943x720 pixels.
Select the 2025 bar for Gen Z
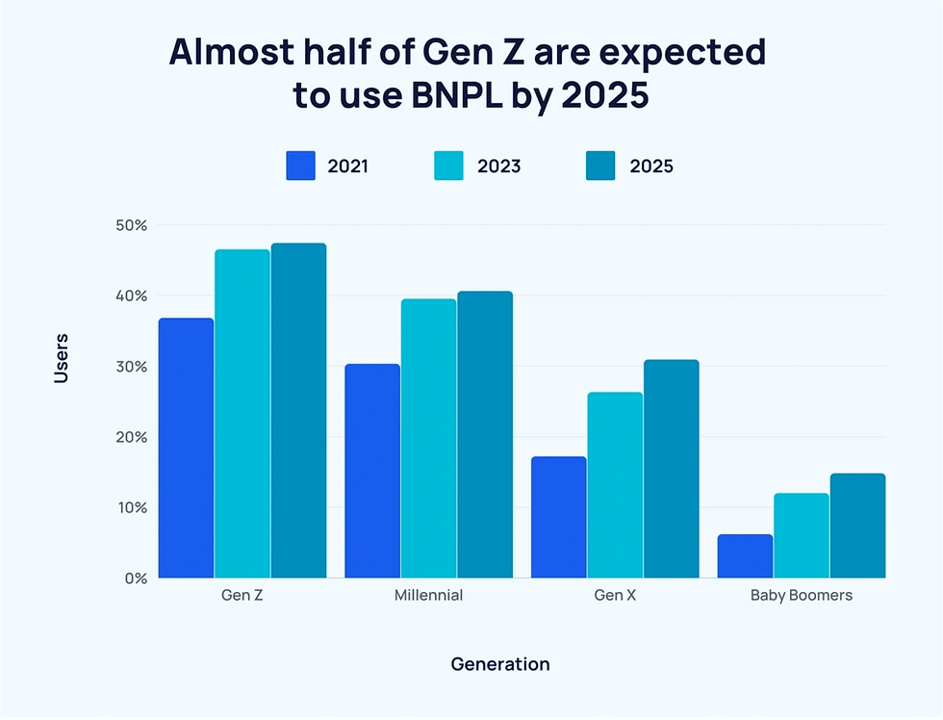298,411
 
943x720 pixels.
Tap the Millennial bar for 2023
428,439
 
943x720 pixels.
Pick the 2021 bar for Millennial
372,472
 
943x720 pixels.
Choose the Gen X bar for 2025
671,469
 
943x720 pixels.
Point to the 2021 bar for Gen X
558,517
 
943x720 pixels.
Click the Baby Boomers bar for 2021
745,556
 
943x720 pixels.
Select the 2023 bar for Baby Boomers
801,536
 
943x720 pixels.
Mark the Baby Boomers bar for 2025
857,526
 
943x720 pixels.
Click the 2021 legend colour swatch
301,166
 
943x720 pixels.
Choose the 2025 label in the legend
651,166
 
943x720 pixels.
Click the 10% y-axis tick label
133,507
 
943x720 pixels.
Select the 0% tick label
136,579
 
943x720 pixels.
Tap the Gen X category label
615,595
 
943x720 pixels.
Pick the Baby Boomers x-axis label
802,595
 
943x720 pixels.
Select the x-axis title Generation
500,664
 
